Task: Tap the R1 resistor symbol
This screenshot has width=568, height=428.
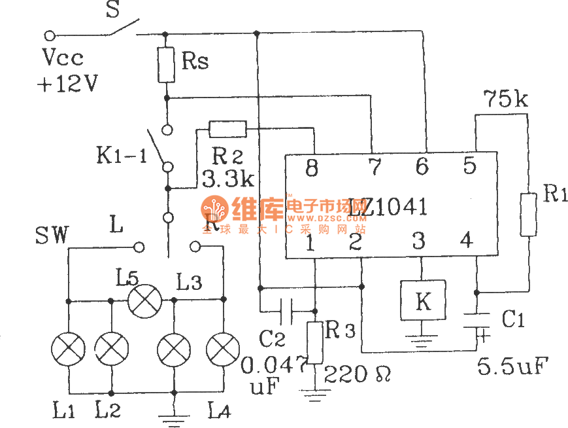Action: click(528, 214)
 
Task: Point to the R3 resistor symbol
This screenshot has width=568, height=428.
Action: click(315, 342)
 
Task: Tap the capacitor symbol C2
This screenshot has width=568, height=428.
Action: click(285, 311)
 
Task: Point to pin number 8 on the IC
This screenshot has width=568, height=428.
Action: click(312, 168)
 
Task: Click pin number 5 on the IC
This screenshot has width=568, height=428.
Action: click(469, 166)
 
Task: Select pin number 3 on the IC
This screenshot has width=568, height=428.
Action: click(418, 241)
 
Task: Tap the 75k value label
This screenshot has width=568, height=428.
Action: click(505, 100)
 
